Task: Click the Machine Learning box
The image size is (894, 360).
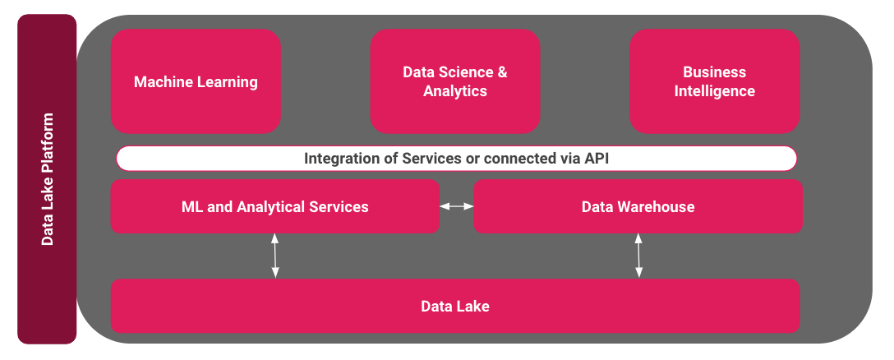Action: coord(196,81)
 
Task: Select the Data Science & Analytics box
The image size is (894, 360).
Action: coord(454,81)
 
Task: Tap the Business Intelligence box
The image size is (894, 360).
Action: coord(714,81)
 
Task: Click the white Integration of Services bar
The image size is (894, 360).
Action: coord(456,158)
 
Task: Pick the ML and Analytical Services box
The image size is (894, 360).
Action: coord(274,206)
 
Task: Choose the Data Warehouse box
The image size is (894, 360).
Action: coord(638,206)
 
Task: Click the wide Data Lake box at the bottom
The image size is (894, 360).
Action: coord(455,306)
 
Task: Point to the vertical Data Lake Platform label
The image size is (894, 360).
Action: coord(47,179)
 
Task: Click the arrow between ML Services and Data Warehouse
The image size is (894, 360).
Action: coord(457,206)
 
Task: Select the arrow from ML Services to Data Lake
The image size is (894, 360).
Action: coord(275,256)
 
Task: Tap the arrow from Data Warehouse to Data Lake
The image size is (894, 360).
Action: coord(638,256)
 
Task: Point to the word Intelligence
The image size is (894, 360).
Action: coord(714,91)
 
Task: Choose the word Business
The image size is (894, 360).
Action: coord(714,72)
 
